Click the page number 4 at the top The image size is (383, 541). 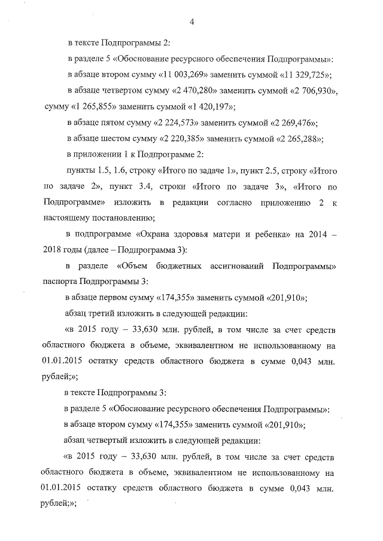pos(192,23)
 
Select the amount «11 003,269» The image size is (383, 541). pos(197,75)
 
